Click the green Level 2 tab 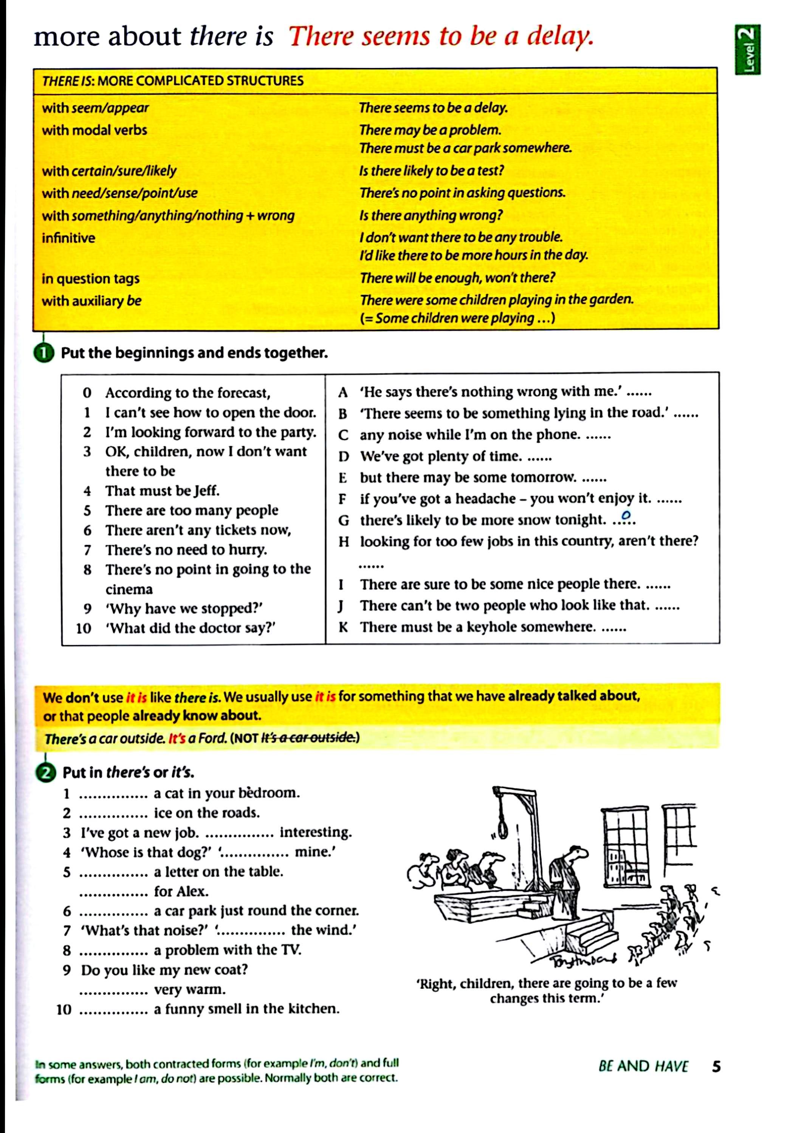click(747, 50)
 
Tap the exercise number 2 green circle click(45, 773)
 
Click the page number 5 click(716, 1067)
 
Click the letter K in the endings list click(343, 627)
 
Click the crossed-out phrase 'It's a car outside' click(308, 738)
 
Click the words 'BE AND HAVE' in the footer click(643, 1067)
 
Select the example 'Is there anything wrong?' click(431, 216)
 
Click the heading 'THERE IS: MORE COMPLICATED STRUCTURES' click(173, 81)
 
